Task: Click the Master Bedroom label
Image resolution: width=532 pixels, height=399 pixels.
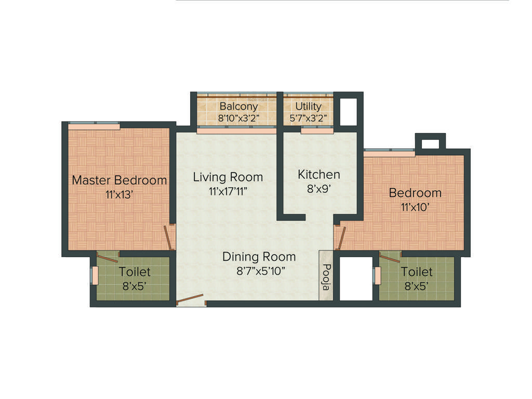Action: click(x=119, y=180)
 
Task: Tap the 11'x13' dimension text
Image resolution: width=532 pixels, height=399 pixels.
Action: click(x=119, y=195)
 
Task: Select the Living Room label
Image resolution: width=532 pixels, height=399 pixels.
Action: click(x=228, y=177)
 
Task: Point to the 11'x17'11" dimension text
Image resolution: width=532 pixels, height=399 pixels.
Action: click(x=228, y=191)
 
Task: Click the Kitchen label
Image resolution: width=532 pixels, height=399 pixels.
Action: click(x=318, y=175)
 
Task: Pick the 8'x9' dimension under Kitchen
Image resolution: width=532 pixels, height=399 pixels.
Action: click(x=318, y=189)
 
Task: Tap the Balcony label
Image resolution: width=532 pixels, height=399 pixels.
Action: click(x=238, y=107)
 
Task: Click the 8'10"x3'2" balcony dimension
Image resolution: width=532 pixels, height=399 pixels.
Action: click(x=238, y=118)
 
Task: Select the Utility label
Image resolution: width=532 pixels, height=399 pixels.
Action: click(x=308, y=107)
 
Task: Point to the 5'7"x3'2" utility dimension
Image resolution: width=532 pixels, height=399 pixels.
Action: click(x=308, y=118)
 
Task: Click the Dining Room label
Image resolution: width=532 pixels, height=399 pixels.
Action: click(x=259, y=257)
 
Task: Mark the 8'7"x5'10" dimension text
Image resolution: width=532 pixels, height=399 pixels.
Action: click(x=259, y=271)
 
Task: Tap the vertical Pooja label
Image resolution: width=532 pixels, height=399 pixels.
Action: click(x=326, y=276)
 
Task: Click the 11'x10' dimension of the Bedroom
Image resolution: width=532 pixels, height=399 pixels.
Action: click(x=415, y=207)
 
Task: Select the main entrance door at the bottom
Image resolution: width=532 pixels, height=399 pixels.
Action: click(x=190, y=300)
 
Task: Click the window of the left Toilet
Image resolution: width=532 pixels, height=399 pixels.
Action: click(x=95, y=275)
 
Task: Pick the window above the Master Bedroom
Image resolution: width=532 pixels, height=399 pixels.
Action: click(x=94, y=125)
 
